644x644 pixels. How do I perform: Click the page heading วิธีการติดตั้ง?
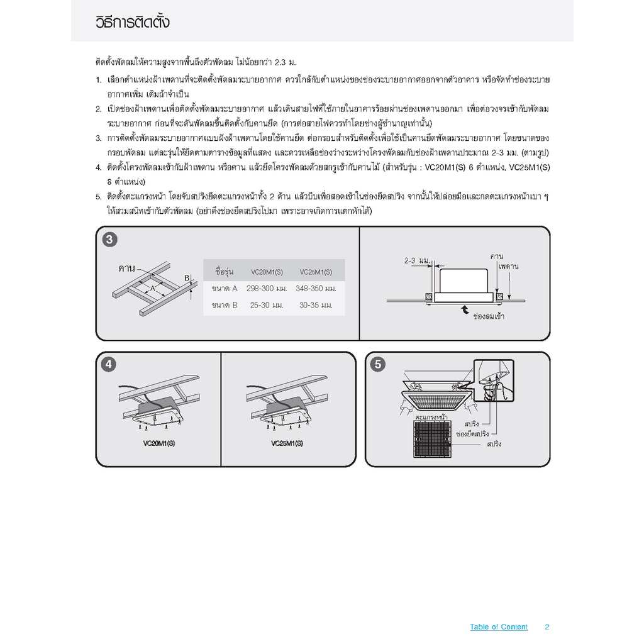click(x=132, y=22)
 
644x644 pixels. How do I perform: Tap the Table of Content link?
click(x=499, y=627)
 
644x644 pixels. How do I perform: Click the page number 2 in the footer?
click(x=547, y=627)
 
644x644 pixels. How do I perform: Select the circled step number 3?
click(x=109, y=240)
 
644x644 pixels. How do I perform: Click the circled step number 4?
click(x=108, y=364)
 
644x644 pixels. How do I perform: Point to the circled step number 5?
click(x=378, y=364)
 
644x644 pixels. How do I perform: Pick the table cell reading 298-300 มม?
click(x=267, y=289)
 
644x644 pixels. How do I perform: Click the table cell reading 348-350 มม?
click(x=316, y=289)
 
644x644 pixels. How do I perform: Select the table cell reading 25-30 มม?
click(x=267, y=305)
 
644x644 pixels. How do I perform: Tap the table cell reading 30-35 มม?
click(x=316, y=305)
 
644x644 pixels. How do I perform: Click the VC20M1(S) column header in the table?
click(x=267, y=272)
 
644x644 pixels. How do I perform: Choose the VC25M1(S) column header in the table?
click(x=316, y=272)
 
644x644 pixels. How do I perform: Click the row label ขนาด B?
click(x=225, y=305)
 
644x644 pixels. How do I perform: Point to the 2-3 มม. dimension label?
click(x=417, y=260)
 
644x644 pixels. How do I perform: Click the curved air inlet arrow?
click(x=465, y=309)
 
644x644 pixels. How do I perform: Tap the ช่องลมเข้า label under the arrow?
click(x=489, y=316)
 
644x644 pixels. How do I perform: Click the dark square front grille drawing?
click(x=432, y=439)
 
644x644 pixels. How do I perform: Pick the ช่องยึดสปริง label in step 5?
click(x=472, y=434)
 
